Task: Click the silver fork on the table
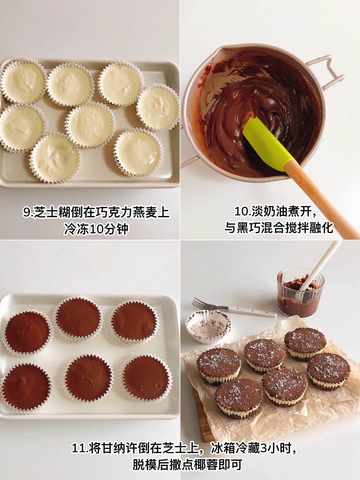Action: click(x=234, y=308)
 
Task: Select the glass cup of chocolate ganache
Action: click(x=300, y=292)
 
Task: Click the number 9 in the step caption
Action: click(x=27, y=212)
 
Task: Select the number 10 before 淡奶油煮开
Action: click(x=242, y=212)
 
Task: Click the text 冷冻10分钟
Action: click(x=96, y=229)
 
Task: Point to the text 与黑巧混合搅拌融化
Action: click(x=279, y=228)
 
